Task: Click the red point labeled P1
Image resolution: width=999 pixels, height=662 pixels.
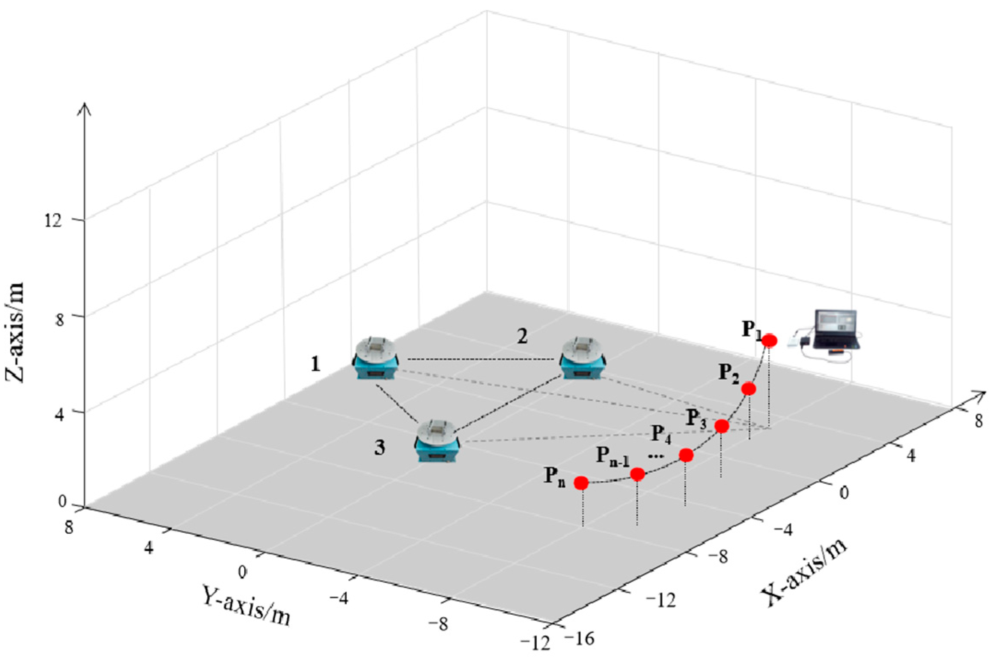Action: [769, 340]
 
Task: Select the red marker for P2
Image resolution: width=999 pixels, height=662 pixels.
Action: [748, 389]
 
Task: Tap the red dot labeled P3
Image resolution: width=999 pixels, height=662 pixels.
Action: [722, 426]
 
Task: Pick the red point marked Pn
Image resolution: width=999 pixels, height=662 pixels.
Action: [581, 483]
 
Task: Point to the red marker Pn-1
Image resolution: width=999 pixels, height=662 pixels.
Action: [637, 474]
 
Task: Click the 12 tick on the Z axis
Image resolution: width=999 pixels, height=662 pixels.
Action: [53, 221]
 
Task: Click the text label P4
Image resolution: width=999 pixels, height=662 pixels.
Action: [661, 434]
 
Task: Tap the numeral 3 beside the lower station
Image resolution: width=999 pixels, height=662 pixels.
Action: [379, 448]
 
